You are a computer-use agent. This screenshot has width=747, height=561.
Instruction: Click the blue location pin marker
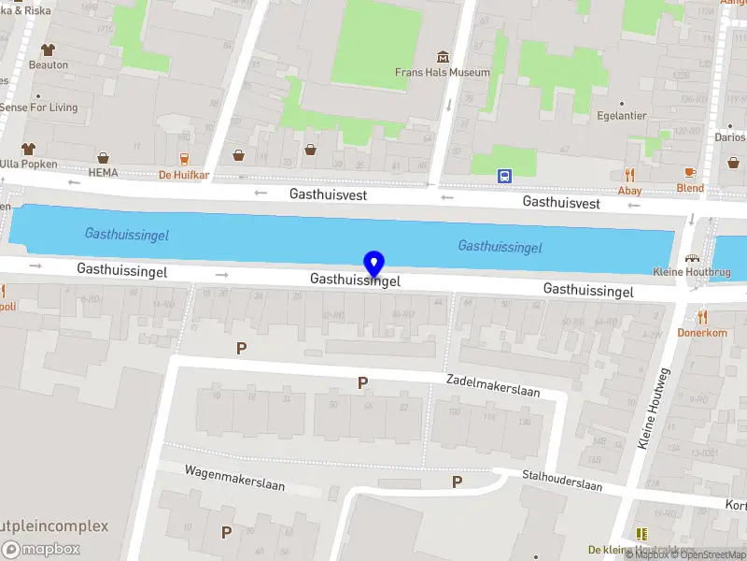(x=373, y=264)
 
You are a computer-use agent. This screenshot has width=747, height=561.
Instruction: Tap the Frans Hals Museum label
(x=442, y=72)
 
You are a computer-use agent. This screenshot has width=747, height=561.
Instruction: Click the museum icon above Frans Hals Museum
(x=443, y=56)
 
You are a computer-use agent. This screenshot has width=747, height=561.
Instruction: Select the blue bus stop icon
(x=504, y=175)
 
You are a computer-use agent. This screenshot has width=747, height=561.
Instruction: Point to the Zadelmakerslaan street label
(x=494, y=384)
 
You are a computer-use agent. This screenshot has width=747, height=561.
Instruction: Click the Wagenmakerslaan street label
(x=234, y=478)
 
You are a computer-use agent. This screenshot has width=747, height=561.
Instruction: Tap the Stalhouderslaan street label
(x=561, y=480)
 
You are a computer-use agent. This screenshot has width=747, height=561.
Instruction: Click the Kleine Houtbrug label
(x=692, y=272)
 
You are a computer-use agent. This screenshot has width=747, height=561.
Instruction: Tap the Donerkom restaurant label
(x=702, y=332)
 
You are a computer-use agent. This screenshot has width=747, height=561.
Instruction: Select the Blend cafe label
(x=690, y=188)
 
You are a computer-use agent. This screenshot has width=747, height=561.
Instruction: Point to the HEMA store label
(x=103, y=173)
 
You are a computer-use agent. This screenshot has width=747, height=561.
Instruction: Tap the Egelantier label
(x=621, y=117)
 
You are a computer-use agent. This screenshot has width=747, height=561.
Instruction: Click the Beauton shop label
(x=49, y=65)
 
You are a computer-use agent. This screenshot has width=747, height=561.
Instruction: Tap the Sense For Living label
(x=38, y=108)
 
